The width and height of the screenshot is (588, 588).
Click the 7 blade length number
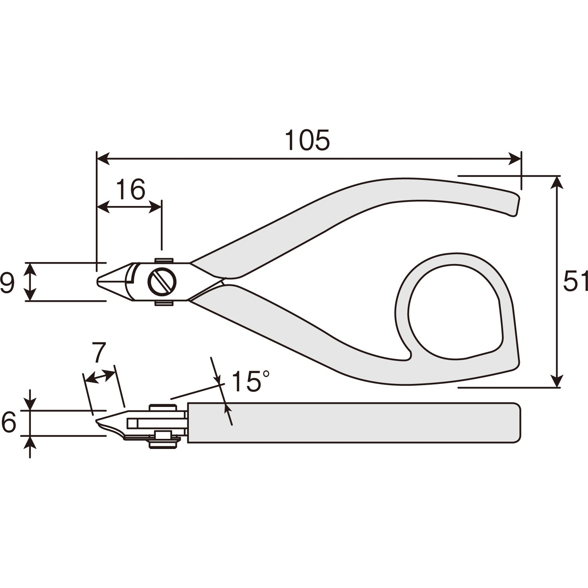[x=99, y=352]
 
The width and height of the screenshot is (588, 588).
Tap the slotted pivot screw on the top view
[x=162, y=282]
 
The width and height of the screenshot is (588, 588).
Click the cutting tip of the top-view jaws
[x=98, y=282]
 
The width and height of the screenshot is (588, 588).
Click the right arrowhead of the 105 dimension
[x=515, y=158]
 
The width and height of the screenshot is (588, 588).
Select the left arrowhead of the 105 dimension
[x=103, y=158]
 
